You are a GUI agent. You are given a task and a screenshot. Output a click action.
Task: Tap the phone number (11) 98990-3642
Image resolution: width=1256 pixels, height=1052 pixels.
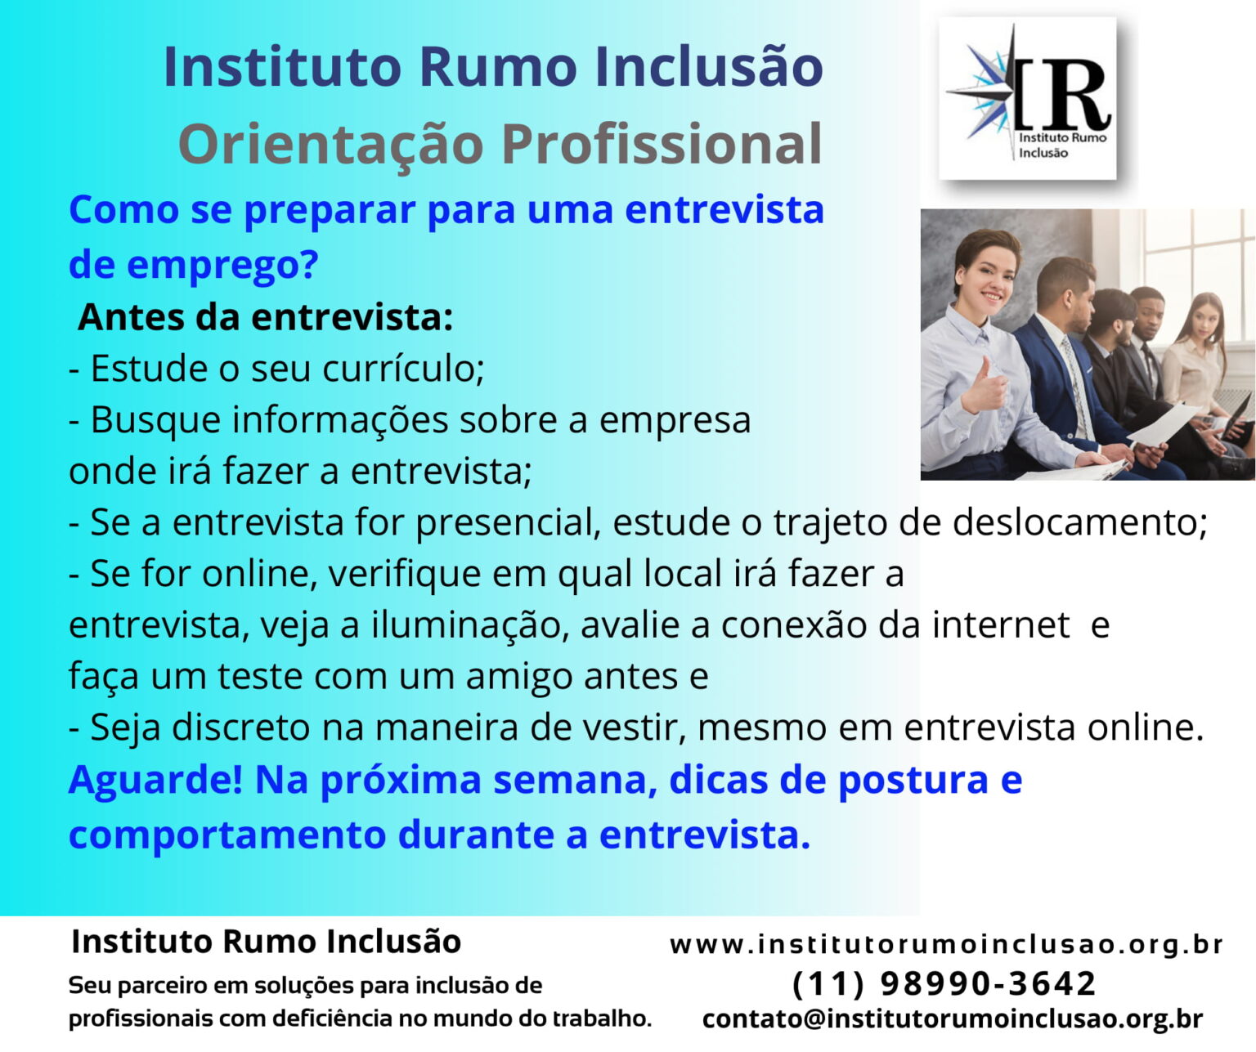[x=944, y=983]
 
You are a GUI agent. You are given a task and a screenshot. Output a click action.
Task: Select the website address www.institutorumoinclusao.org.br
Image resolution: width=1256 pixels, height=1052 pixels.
[x=946, y=945]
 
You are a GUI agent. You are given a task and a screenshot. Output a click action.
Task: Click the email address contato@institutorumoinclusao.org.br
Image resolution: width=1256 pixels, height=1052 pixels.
[x=953, y=1019]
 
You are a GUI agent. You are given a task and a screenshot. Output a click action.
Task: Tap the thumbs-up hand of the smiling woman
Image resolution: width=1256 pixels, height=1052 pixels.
[x=987, y=387]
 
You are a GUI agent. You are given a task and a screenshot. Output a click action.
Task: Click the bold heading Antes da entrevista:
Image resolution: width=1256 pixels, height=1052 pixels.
[x=265, y=317]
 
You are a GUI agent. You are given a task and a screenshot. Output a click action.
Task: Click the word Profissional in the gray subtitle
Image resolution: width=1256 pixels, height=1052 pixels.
[x=662, y=145]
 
